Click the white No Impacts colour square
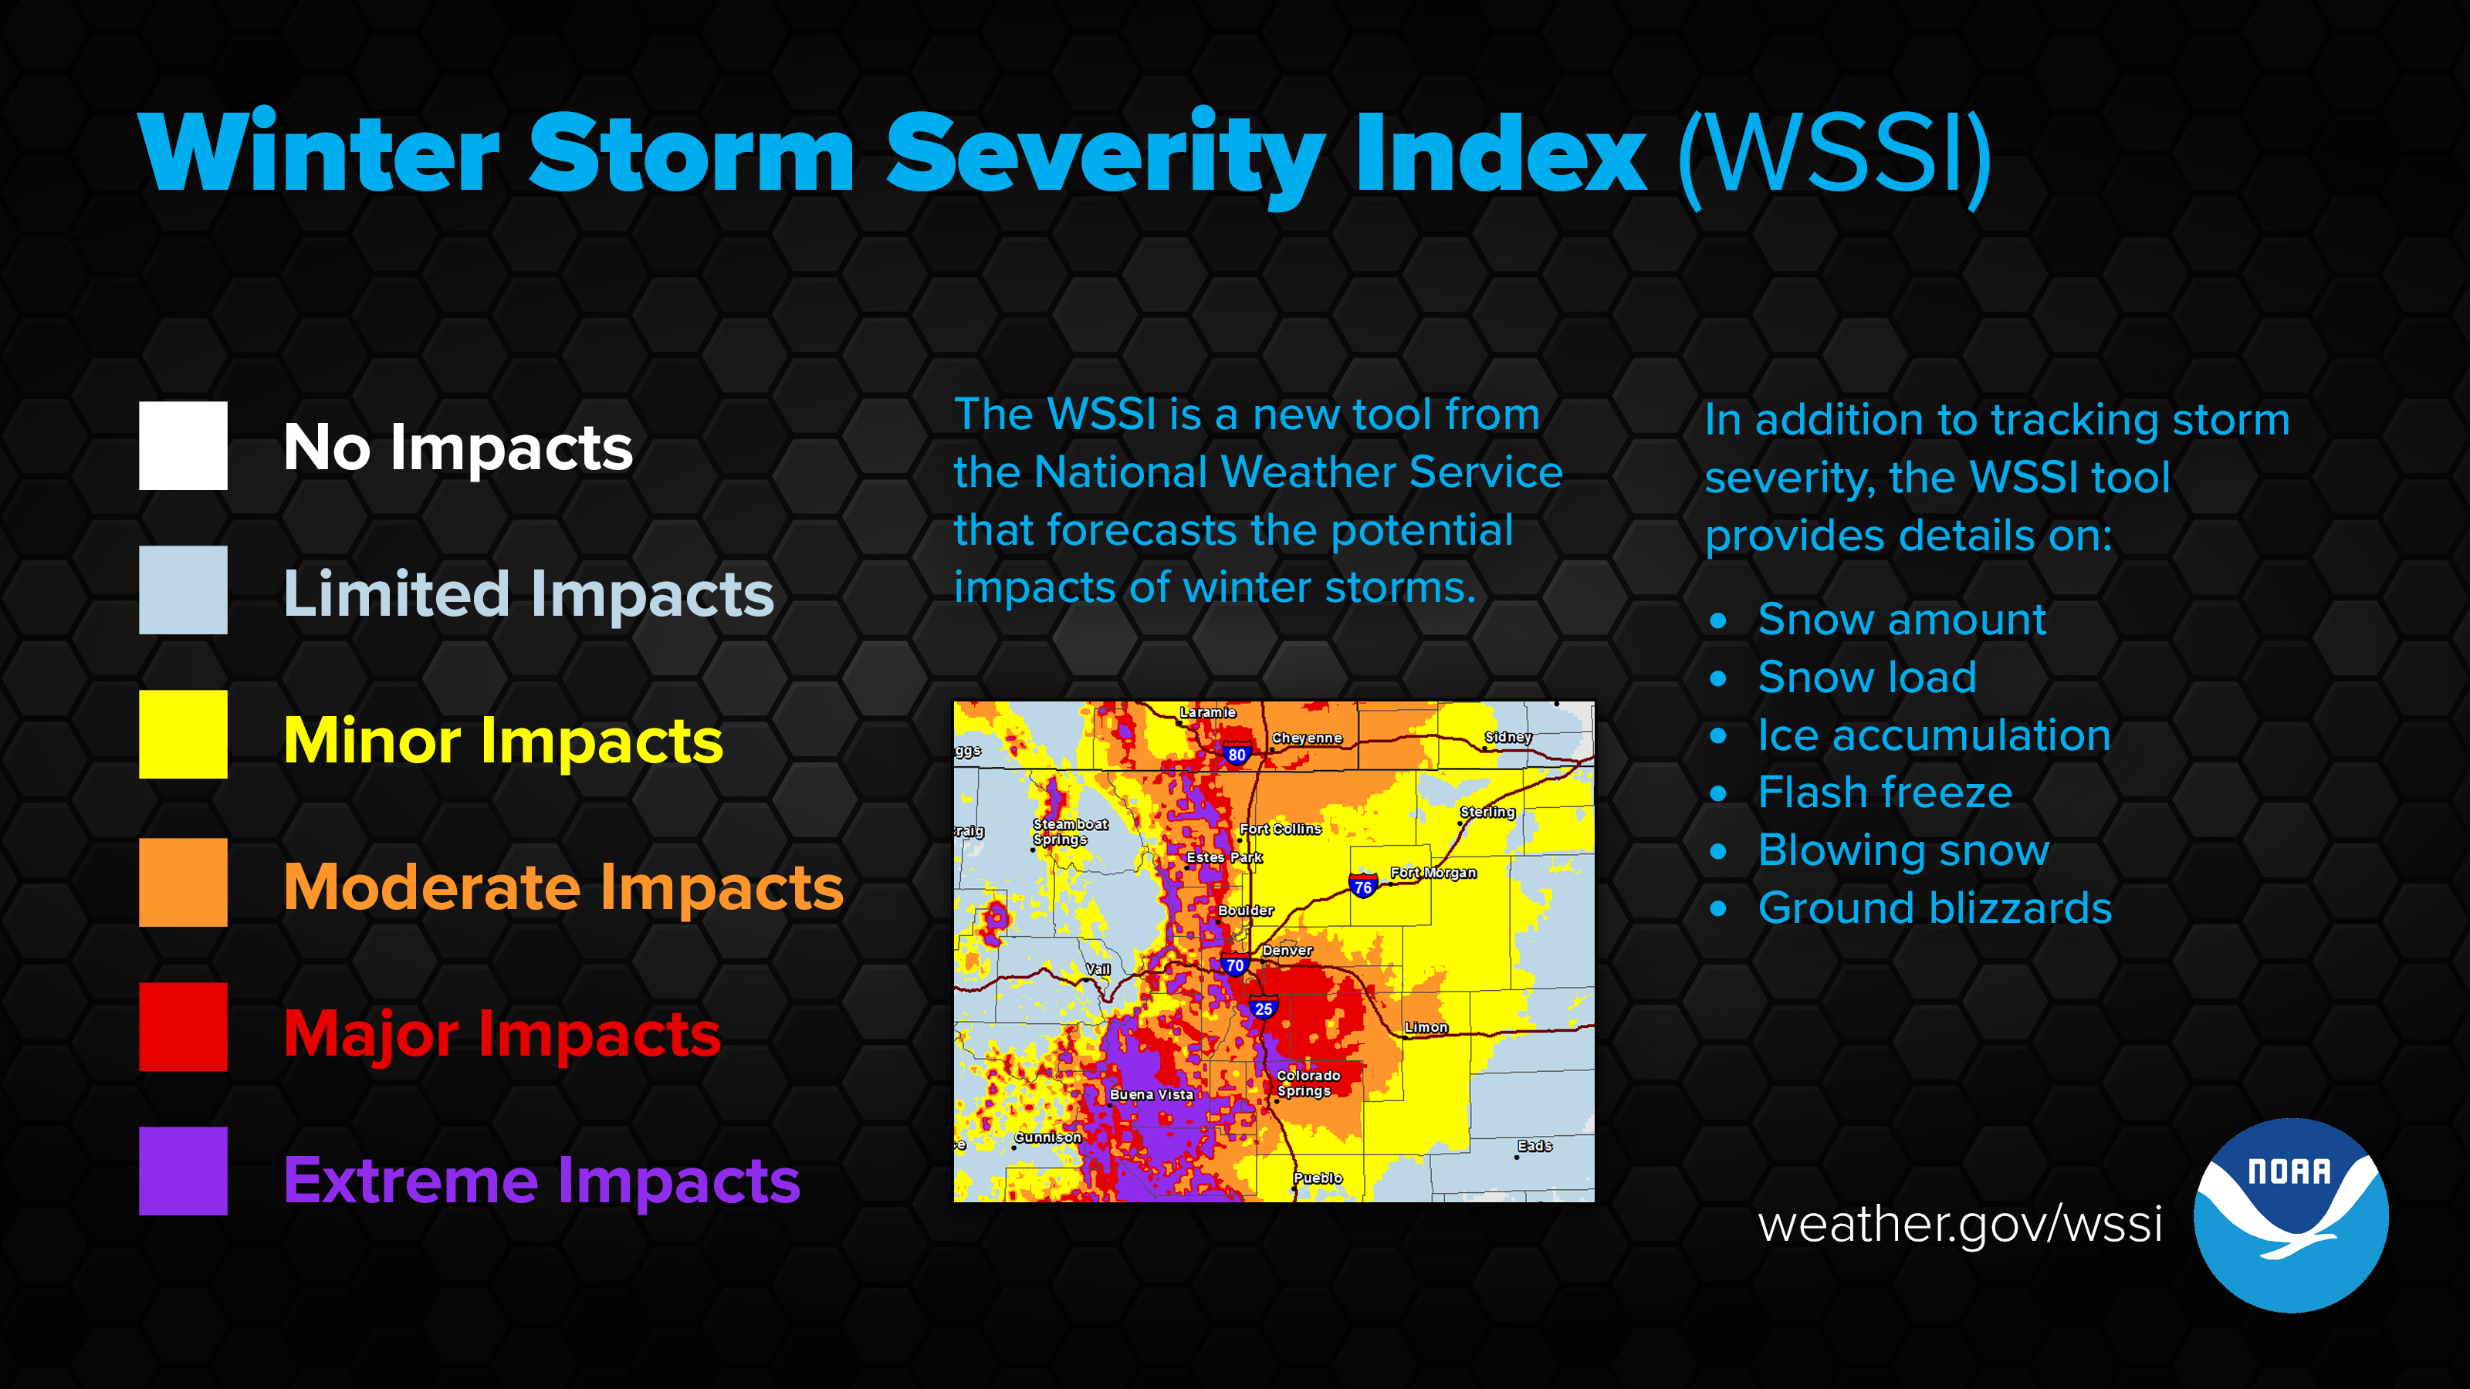pos(183,446)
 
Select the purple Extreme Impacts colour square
pos(183,1171)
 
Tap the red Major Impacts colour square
pos(183,1026)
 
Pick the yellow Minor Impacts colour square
pos(183,735)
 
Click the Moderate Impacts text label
pos(563,887)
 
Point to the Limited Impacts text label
pos(528,593)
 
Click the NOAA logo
pos(2291,1215)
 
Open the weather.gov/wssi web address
pos(1960,1223)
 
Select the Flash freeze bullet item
pos(1885,793)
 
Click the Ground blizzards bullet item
pos(1935,907)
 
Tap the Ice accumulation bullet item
pos(1934,735)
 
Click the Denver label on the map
pos(1287,951)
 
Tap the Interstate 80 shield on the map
pos(1237,753)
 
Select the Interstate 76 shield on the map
pos(1362,886)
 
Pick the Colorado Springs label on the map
pos(1308,1083)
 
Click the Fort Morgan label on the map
pos(1433,874)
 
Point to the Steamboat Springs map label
pos(1070,832)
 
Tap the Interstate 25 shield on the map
pos(1264,1008)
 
